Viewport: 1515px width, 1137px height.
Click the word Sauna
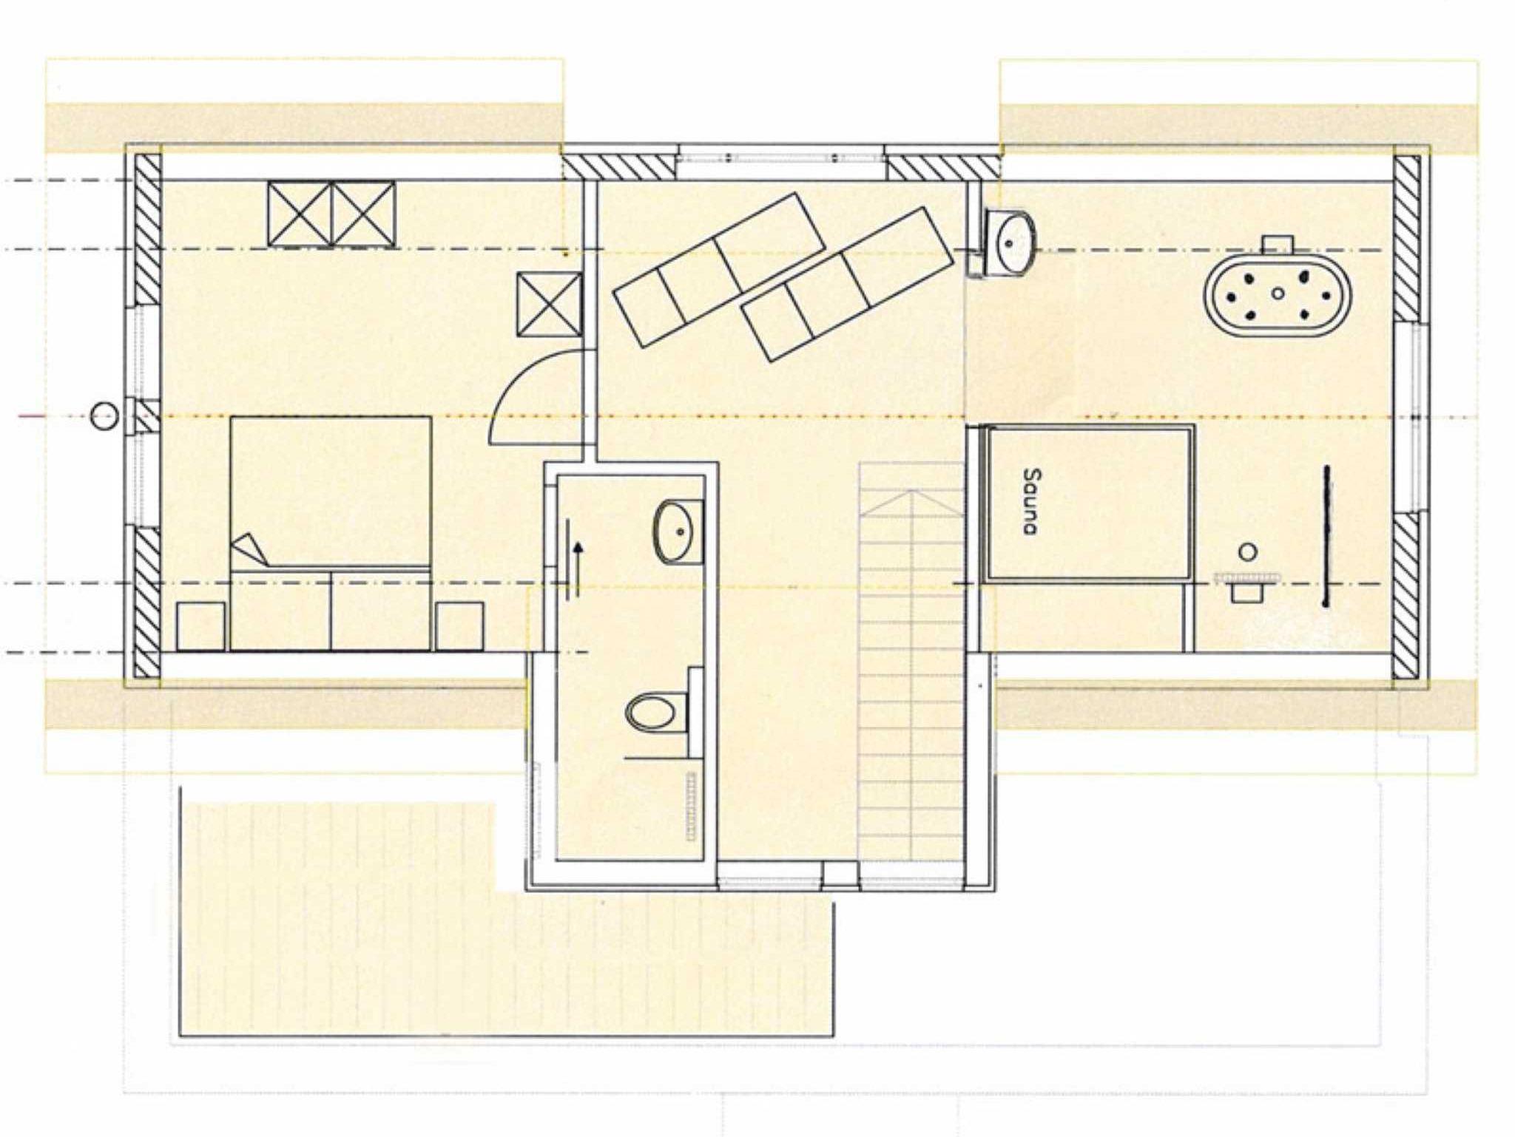[x=1030, y=500]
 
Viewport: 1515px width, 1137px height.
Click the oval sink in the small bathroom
[x=673, y=532]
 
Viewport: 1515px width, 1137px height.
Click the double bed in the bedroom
[x=331, y=533]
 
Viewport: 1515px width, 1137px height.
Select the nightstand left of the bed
[x=201, y=626]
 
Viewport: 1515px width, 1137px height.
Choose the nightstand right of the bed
[x=459, y=626]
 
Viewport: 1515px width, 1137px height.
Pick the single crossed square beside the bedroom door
[x=549, y=304]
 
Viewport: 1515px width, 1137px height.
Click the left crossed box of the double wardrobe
[x=300, y=214]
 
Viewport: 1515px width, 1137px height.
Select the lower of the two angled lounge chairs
[x=847, y=285]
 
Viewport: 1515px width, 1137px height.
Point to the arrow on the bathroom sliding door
[x=578, y=560]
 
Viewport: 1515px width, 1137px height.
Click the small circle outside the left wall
[x=104, y=416]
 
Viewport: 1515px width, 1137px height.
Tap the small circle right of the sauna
[x=1248, y=551]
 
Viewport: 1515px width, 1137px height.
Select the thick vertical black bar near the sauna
[x=1326, y=536]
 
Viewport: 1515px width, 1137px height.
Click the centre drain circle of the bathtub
[x=1278, y=293]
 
